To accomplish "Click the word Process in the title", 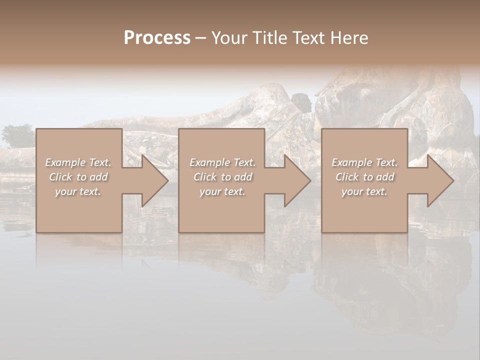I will (157, 38).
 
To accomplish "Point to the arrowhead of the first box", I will (153, 180).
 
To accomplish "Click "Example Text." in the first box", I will (78, 162).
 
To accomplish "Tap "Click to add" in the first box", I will (78, 177).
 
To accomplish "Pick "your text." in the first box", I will (78, 191).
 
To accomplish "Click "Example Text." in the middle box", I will (222, 162).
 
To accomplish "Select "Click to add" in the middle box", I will (222, 177).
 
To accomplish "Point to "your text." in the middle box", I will (222, 191).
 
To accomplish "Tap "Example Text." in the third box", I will (364, 162).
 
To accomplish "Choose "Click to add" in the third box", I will (364, 177).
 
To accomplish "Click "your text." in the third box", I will (364, 191).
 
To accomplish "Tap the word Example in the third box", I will (352, 162).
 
